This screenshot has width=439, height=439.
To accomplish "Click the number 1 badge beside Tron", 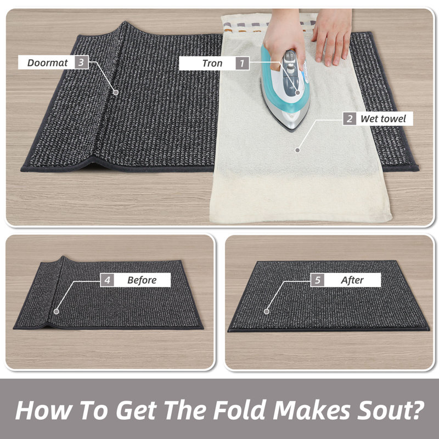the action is (x=242, y=63).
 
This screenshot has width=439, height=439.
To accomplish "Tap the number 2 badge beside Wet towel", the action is (x=350, y=119).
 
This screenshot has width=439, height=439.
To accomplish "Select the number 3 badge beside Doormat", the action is (x=81, y=62).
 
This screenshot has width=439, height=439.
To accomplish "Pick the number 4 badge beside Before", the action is (x=107, y=280).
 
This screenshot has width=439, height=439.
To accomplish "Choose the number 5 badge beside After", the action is (x=317, y=280).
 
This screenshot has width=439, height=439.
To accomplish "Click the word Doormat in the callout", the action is (x=47, y=63).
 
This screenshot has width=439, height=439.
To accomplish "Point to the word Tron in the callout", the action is (x=212, y=63).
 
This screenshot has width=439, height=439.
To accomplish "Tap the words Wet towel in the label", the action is (x=383, y=119).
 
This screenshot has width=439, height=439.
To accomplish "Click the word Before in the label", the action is (x=142, y=280).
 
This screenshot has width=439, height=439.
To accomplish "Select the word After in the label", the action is (x=352, y=280).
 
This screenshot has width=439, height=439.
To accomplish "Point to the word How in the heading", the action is (x=43, y=410).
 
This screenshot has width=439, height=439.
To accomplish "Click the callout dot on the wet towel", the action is (x=297, y=150).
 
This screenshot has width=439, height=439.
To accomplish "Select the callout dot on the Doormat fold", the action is (x=116, y=92).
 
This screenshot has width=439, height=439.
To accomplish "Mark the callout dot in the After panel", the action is (x=267, y=311).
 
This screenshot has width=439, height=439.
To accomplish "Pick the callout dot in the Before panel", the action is (x=57, y=311).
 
